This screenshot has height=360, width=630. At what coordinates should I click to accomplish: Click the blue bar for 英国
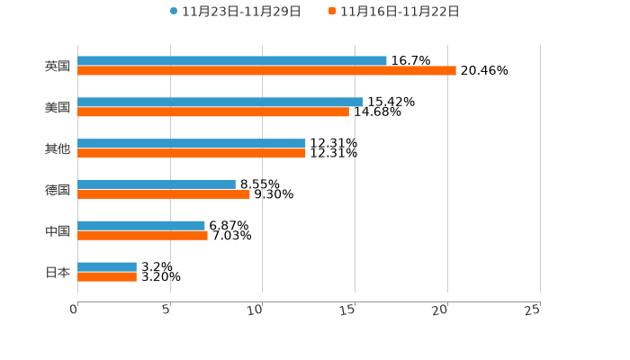(232, 61)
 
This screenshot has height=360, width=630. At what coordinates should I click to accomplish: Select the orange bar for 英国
(266, 71)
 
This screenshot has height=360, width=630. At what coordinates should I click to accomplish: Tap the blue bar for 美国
(220, 102)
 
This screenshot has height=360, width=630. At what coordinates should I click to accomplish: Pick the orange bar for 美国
(213, 112)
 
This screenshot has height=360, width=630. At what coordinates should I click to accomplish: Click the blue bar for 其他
(192, 143)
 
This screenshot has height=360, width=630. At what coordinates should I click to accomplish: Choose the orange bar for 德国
(164, 194)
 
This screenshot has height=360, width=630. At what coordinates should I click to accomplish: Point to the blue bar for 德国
(157, 184)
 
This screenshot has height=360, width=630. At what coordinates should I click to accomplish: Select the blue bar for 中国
(141, 225)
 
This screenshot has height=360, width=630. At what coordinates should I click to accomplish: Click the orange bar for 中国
(142, 236)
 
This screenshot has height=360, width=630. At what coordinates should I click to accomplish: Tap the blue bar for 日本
(107, 266)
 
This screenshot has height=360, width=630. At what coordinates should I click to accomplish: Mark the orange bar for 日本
(107, 277)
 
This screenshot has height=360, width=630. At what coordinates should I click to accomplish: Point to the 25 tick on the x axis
(532, 310)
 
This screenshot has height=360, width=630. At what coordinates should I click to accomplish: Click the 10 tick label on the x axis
(255, 310)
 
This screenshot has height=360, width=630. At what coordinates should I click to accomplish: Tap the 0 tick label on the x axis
(74, 310)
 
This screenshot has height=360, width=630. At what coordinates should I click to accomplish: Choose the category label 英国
(58, 67)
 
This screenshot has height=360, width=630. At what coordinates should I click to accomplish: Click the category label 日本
(58, 272)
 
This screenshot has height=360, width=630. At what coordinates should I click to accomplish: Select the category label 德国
(58, 190)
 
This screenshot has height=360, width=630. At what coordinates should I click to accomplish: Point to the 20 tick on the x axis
(439, 310)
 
